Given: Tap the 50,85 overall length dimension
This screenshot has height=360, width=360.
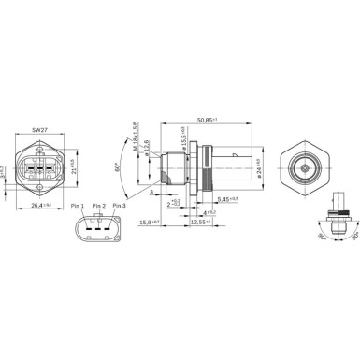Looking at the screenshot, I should (207, 120).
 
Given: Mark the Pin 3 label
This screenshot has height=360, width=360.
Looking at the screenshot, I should (119, 205).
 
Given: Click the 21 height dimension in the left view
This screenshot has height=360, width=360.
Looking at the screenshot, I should (72, 168).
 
